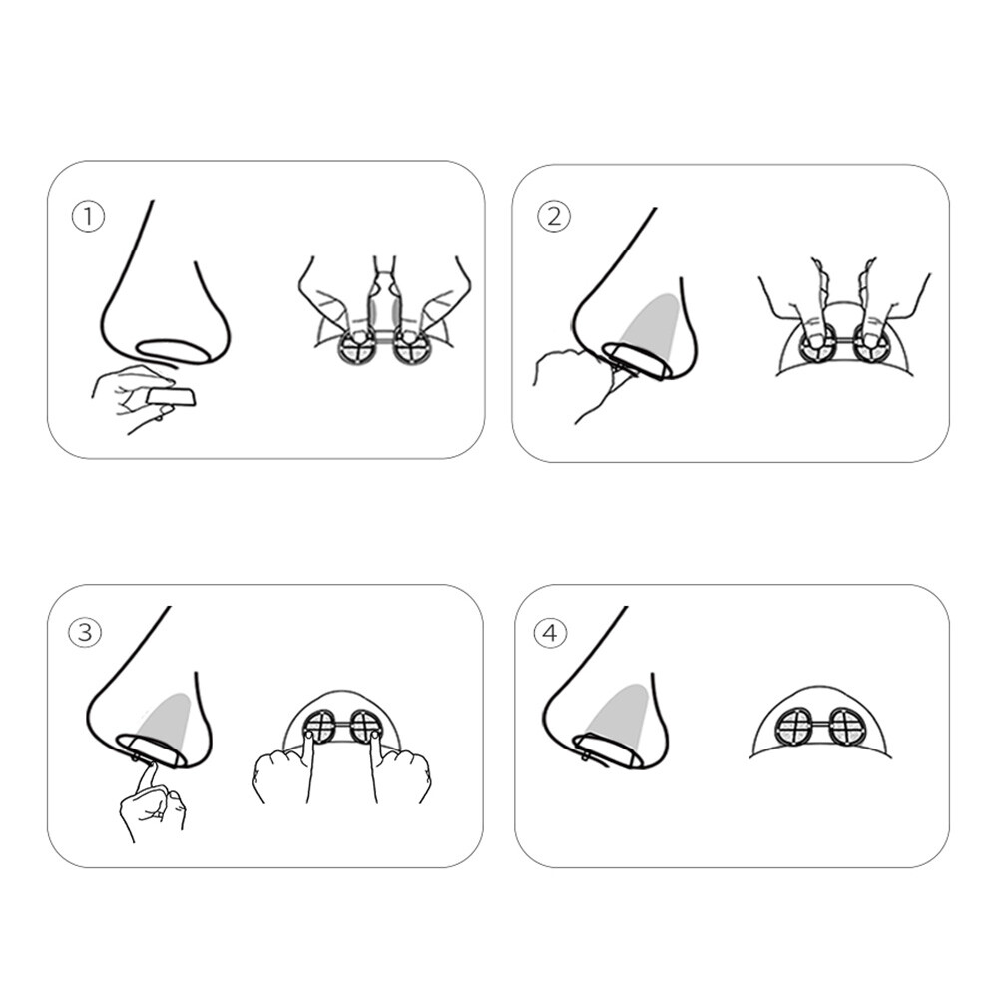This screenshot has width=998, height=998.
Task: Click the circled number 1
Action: pyautogui.click(x=88, y=217)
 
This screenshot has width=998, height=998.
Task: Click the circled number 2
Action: pyautogui.click(x=554, y=217)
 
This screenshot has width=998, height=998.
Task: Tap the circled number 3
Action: pyautogui.click(x=85, y=632)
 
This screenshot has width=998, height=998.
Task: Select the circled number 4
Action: pyautogui.click(x=551, y=634)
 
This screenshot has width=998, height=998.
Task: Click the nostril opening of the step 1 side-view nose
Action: pyautogui.click(x=173, y=349)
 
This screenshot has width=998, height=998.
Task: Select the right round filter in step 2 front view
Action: pyautogui.click(x=869, y=344)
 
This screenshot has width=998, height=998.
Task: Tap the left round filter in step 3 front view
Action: pyautogui.click(x=322, y=726)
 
